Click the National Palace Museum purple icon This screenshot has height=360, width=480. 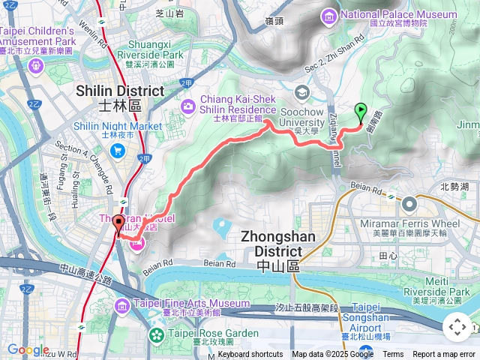point(329,15)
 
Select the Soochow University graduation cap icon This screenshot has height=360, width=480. point(302,93)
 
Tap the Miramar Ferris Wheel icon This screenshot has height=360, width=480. point(409,202)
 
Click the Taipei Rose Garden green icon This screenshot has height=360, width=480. point(157,334)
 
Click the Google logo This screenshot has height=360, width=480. point(28,349)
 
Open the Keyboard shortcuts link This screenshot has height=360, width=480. point(250,354)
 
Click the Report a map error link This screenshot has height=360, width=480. point(445,354)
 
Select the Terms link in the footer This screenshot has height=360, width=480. point(393,354)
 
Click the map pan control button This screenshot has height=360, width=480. point(457,327)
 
